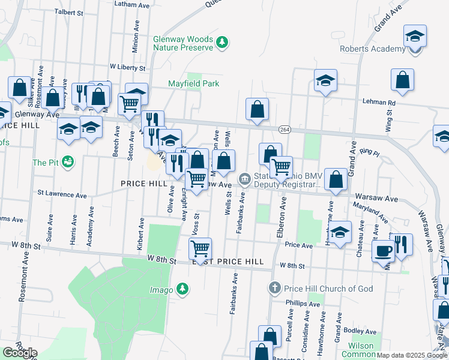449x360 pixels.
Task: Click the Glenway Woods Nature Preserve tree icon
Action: [x=223, y=42]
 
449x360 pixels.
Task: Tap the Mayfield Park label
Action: [x=193, y=84]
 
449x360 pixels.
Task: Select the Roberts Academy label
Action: [x=372, y=49]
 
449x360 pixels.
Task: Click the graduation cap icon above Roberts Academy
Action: [x=415, y=35]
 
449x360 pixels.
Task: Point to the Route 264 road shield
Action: [x=284, y=129]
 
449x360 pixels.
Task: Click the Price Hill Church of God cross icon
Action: [x=275, y=289]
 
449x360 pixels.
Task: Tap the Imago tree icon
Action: [x=183, y=290]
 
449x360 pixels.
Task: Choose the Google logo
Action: [x=19, y=353]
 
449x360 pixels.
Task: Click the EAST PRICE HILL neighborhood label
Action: [x=228, y=262]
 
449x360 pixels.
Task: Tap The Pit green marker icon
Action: [x=68, y=162]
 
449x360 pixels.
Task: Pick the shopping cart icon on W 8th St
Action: [x=200, y=247]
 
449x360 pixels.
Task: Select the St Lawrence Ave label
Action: [x=62, y=194]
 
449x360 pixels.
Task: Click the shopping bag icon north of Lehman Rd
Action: [x=402, y=79]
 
